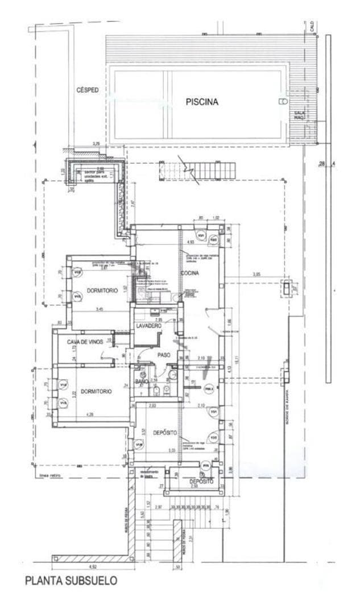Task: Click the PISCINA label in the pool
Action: [x=202, y=102]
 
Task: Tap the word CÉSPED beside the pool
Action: [x=88, y=90]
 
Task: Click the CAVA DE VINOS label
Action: [x=85, y=342]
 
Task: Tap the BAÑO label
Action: [x=141, y=381]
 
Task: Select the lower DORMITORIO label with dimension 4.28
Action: [x=96, y=391]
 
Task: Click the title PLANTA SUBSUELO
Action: [x=71, y=580]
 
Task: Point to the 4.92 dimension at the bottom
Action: [x=92, y=566]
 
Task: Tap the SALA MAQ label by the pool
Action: [x=299, y=115]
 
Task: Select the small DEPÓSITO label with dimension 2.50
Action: [x=201, y=481]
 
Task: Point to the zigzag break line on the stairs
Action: [x=187, y=168]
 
